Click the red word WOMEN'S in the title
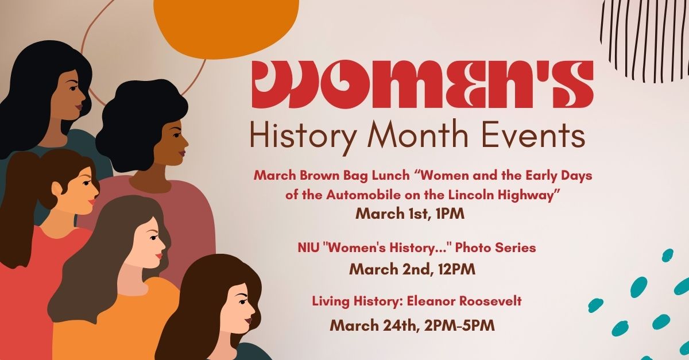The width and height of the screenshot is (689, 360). (423, 84)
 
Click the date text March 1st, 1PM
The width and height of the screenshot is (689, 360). (410, 214)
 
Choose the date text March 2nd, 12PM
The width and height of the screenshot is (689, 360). (412, 269)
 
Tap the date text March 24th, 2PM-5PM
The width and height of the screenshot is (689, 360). (412, 325)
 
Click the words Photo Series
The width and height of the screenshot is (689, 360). (495, 247)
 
